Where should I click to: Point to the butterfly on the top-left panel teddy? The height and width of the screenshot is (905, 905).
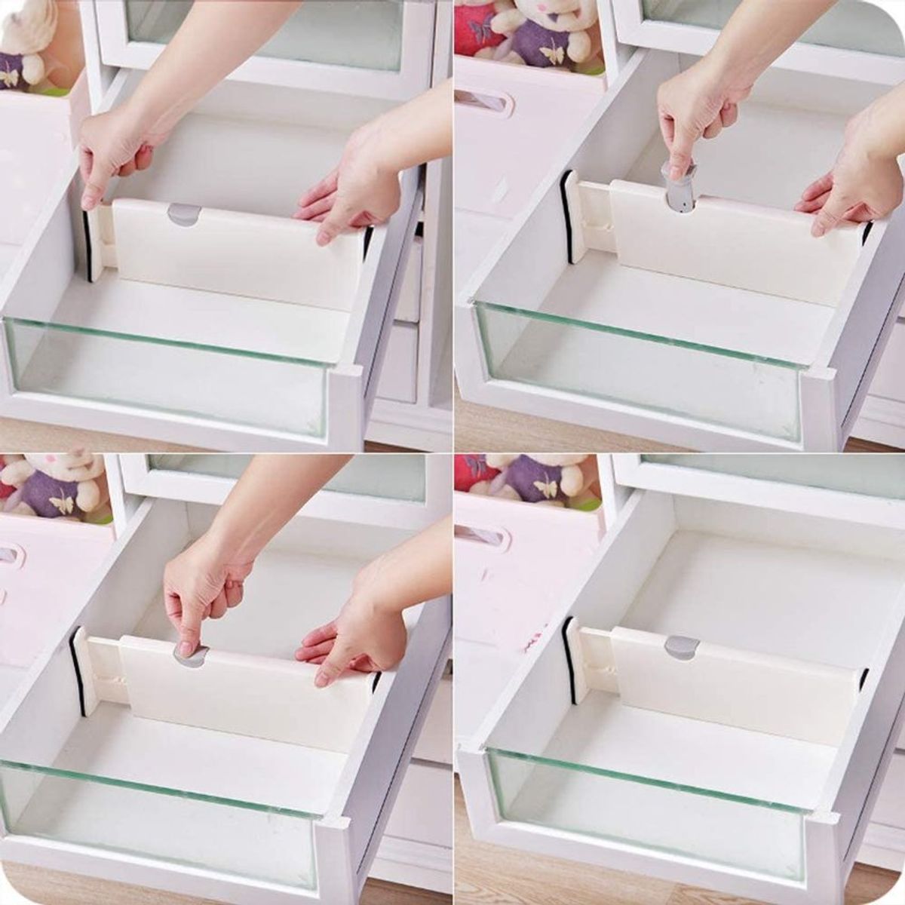9,77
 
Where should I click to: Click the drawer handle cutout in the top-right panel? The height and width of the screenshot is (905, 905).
485,101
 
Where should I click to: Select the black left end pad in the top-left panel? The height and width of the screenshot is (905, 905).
89,246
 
